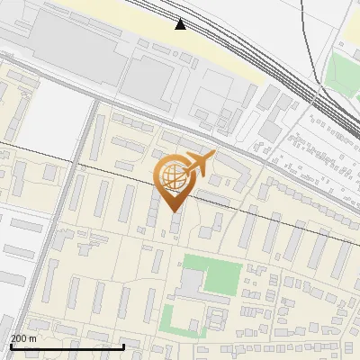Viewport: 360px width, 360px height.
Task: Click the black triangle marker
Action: coord(181,23)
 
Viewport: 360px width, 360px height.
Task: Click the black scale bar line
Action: coord(67,346)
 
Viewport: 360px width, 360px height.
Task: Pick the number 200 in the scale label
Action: coord(20,337)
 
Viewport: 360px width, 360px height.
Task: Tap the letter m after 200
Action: coord(33,337)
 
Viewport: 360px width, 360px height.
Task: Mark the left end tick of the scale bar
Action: coord(11,345)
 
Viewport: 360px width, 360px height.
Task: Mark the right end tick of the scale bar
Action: coord(123,345)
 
